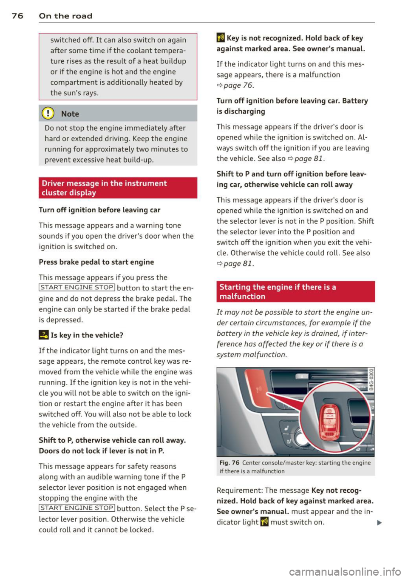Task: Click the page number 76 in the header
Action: tap(17, 16)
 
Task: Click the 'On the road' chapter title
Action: tap(65, 16)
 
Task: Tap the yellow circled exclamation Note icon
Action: tap(49, 114)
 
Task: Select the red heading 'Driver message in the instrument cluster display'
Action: tap(104, 188)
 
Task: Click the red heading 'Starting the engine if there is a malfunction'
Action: tap(278, 291)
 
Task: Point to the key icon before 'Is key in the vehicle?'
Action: tap(43, 335)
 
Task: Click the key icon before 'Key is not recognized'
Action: tap(221, 38)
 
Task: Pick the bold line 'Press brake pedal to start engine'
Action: tap(96, 262)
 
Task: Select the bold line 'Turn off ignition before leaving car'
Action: tap(99, 210)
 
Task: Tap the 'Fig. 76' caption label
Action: tap(229, 462)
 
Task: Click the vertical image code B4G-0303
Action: tap(371, 379)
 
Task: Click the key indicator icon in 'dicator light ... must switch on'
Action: tap(264, 522)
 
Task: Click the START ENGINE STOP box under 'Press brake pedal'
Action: tap(77, 288)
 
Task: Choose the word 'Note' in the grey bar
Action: tap(70, 114)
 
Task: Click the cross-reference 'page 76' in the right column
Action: tap(238, 85)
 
